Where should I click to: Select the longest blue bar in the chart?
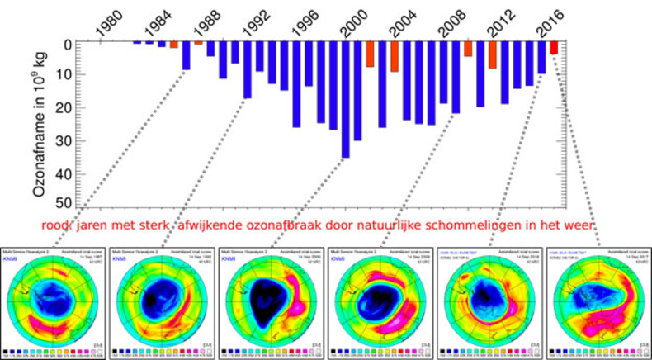345,99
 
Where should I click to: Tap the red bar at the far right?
553,48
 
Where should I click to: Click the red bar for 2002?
370,54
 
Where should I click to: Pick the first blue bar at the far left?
137,42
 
